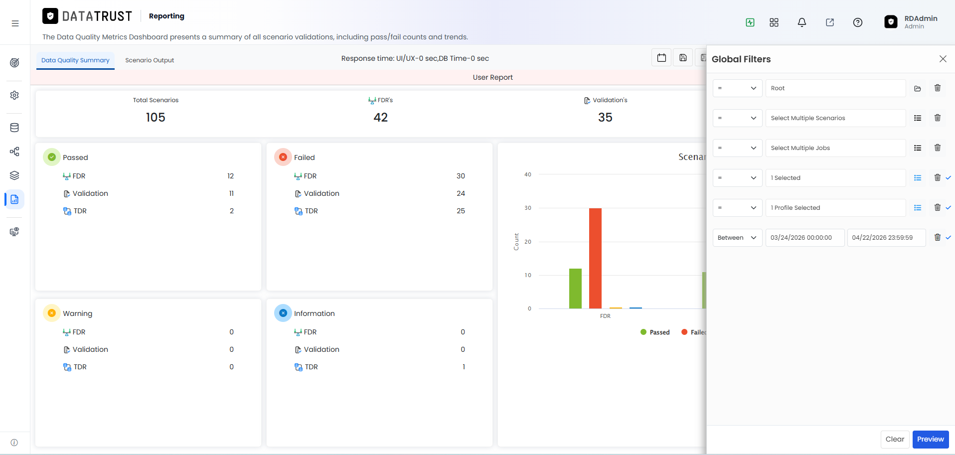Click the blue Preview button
(x=930, y=439)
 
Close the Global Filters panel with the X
(x=943, y=59)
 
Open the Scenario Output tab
(x=150, y=60)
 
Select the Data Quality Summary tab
(x=75, y=60)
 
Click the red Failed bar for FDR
(x=595, y=258)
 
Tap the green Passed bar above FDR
(x=575, y=289)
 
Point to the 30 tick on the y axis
(x=528, y=208)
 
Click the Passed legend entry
(x=655, y=332)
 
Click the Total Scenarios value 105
(x=156, y=117)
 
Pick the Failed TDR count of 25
(x=461, y=211)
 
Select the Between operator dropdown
(x=737, y=238)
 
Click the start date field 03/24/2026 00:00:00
(x=805, y=238)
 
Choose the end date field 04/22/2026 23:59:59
(x=886, y=238)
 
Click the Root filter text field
(x=835, y=88)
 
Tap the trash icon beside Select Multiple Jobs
(x=937, y=148)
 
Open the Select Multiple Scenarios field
(x=835, y=118)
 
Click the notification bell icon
(x=801, y=22)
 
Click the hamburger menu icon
(x=15, y=23)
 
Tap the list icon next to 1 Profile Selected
(x=917, y=208)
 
